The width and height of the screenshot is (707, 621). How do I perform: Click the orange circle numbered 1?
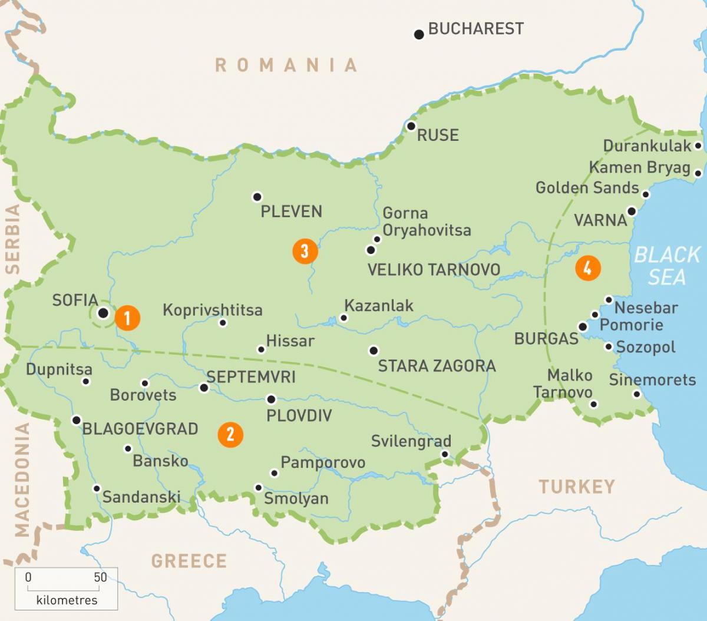click(x=127, y=318)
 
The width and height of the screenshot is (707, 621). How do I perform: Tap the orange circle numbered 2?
click(x=230, y=434)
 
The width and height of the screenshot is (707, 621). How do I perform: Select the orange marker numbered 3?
click(x=305, y=252)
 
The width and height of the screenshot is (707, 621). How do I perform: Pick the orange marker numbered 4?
click(x=587, y=268)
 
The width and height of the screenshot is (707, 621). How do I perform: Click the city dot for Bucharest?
click(x=419, y=35)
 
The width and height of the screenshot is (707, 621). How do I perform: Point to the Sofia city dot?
click(x=103, y=313)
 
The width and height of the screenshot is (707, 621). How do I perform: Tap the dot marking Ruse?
click(x=411, y=126)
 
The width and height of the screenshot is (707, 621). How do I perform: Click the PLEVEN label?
click(x=291, y=212)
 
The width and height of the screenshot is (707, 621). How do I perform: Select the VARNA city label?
click(x=600, y=220)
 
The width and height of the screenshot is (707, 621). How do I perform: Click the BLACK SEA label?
click(x=667, y=266)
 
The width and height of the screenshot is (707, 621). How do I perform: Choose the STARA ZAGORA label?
click(x=437, y=366)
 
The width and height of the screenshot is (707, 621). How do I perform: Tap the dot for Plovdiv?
click(x=271, y=399)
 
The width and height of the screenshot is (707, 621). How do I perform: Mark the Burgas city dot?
click(x=583, y=326)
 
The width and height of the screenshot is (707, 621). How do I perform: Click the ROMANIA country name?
click(x=286, y=65)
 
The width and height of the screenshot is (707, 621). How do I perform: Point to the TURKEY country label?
click(x=576, y=487)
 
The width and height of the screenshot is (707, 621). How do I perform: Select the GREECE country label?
click(x=189, y=561)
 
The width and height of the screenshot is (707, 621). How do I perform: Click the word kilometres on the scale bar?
click(x=67, y=600)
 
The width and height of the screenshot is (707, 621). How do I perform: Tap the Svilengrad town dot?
click(x=445, y=454)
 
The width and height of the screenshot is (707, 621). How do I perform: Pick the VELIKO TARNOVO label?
click(x=434, y=270)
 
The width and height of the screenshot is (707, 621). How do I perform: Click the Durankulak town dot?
click(x=698, y=146)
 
